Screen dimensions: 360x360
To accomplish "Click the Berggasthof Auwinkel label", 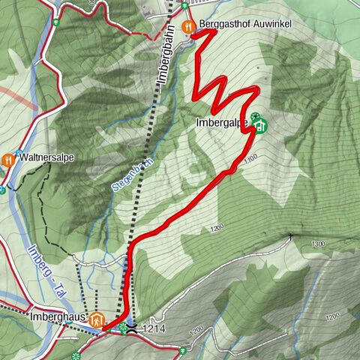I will point(245,25).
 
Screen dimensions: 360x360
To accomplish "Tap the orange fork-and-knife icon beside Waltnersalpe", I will point(8,159).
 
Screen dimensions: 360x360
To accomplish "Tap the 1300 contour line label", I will point(319,244).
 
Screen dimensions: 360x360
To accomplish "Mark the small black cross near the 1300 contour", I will point(292,236).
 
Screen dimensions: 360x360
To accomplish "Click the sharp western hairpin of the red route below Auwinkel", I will point(195,94).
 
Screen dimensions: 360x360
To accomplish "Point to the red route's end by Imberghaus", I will point(104,328).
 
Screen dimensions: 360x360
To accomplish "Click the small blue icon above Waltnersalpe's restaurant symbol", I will point(19,151).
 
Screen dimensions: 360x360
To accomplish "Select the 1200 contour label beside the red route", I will point(218,227).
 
